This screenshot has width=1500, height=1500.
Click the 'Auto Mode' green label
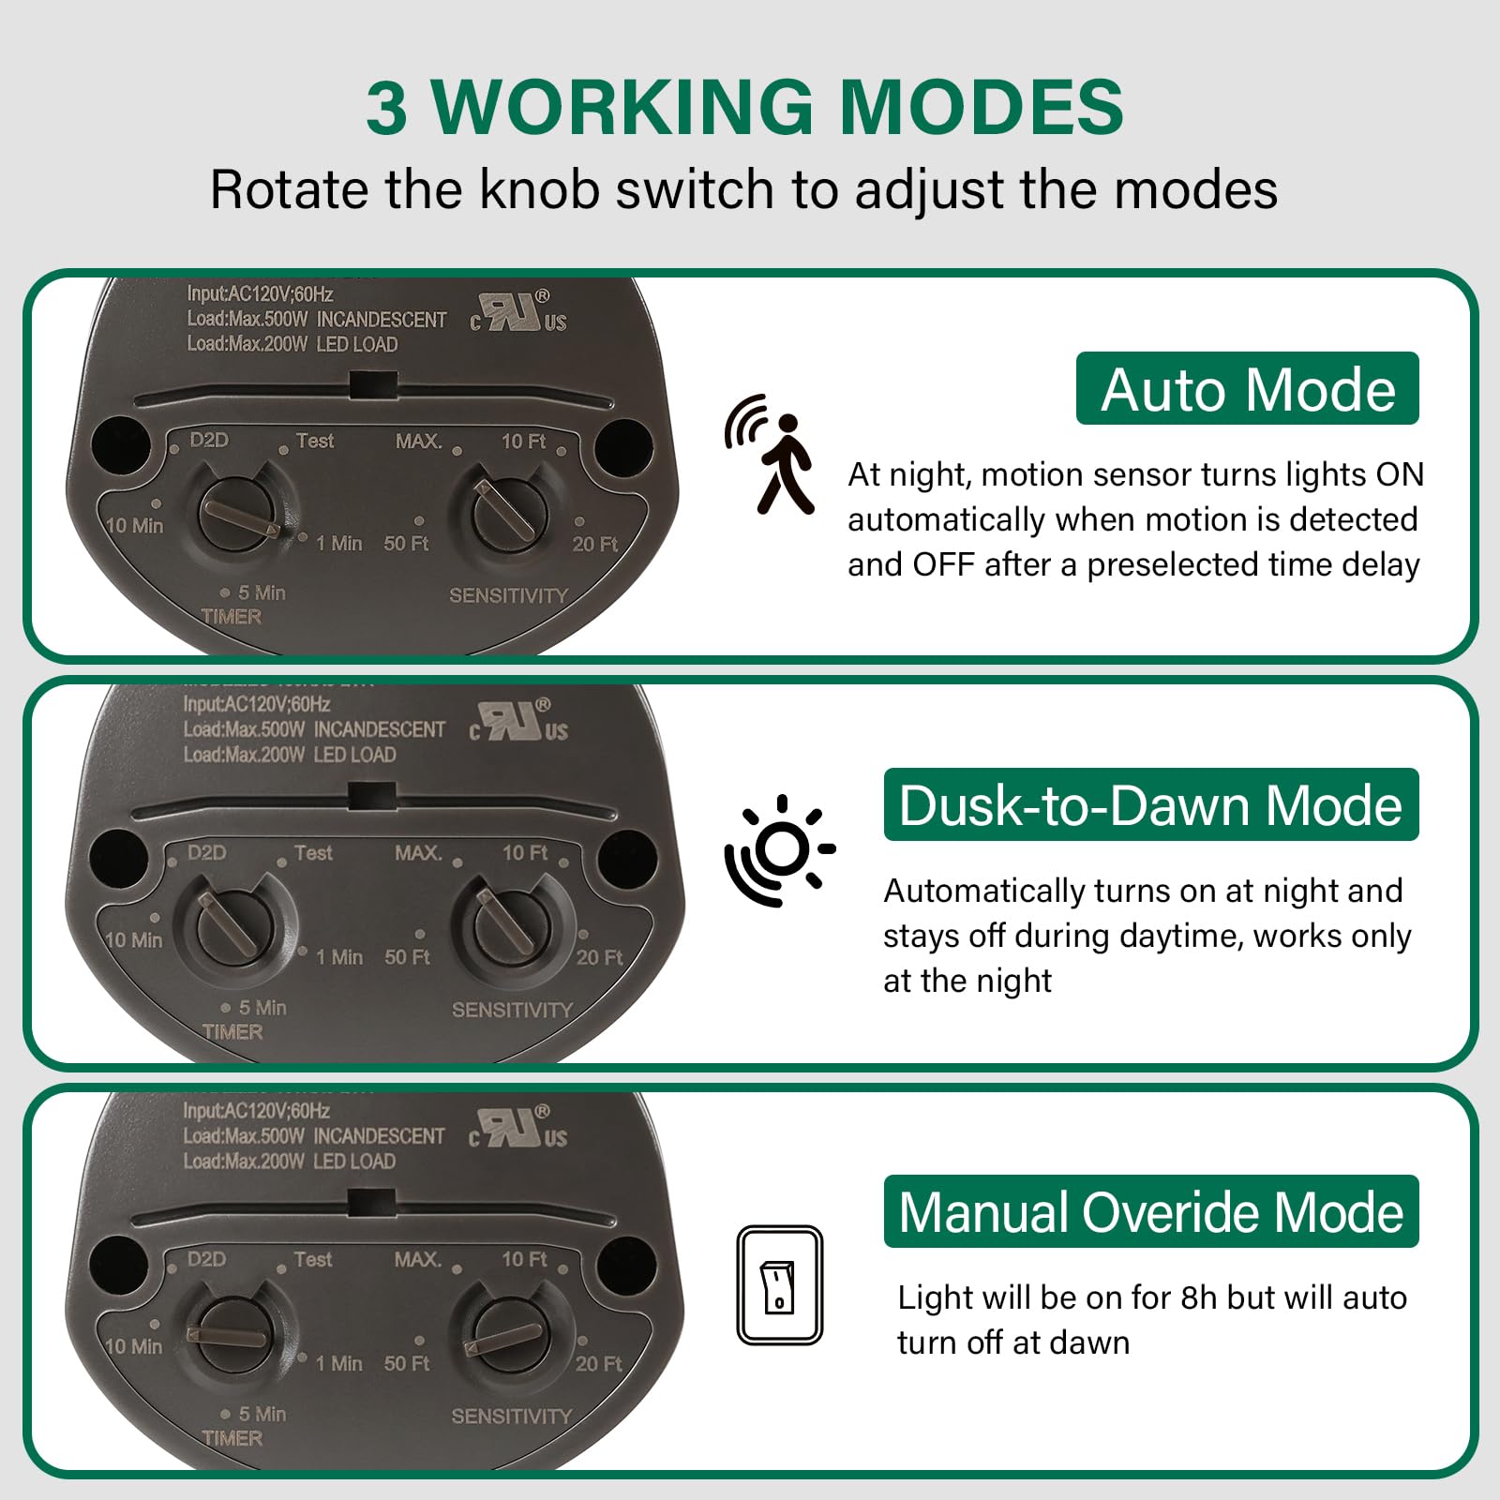(x=1247, y=389)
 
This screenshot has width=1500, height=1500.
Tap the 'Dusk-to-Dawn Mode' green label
(x=1150, y=805)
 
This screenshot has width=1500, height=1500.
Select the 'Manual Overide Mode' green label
(x=1150, y=1211)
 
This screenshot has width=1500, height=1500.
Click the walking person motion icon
(x=771, y=455)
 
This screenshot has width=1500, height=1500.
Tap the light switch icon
(x=779, y=1285)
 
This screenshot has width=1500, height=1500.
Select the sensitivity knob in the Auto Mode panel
(x=508, y=514)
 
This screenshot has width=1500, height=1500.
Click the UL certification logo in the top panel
(x=518, y=313)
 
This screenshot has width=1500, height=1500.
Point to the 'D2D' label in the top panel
(x=208, y=441)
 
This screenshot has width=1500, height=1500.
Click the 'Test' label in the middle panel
(x=313, y=853)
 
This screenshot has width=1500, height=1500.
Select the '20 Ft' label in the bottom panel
(x=598, y=1364)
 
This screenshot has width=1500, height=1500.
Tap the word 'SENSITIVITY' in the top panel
(x=508, y=595)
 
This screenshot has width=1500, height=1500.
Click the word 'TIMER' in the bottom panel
(x=232, y=1437)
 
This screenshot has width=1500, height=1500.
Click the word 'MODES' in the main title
(x=981, y=107)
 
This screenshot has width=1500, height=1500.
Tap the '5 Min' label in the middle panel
(x=261, y=1008)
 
